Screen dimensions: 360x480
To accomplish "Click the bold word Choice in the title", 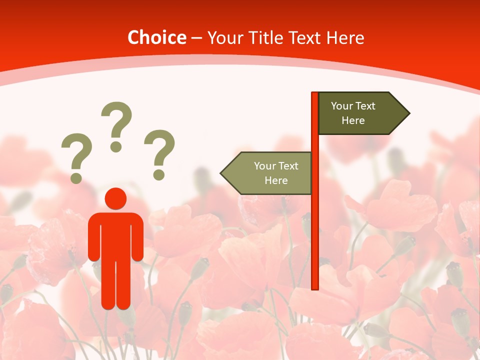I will pyautogui.click(x=156, y=37).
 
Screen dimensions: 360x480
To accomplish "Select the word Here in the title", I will pyautogui.click(x=345, y=37).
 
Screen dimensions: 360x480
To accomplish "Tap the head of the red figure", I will pyautogui.click(x=115, y=198).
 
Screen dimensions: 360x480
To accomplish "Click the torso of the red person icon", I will pyautogui.click(x=115, y=235).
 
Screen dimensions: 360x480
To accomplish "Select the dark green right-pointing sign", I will pyautogui.click(x=357, y=113).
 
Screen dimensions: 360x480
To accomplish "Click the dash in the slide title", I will pyautogui.click(x=196, y=38).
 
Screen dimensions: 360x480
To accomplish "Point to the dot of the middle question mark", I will pyautogui.click(x=116, y=146).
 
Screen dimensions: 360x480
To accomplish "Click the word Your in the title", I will pyautogui.click(x=223, y=37).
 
